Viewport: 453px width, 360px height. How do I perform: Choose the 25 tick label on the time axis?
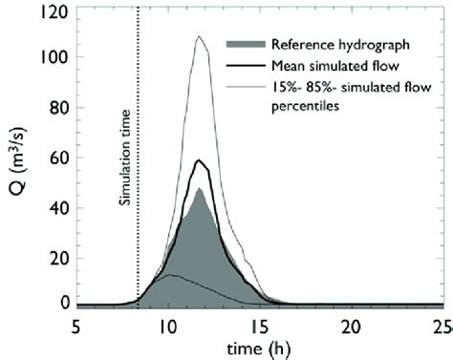coord(441,325)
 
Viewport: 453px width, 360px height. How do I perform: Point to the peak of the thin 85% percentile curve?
coord(199,37)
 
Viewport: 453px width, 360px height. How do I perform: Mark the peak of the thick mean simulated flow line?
coord(200,160)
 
